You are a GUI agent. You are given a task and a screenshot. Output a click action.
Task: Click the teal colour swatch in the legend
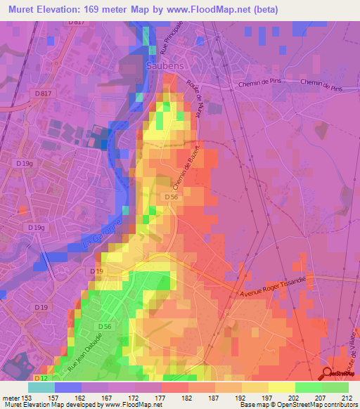coord(41,387)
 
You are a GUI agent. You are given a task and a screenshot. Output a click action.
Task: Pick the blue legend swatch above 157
coord(68,387)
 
